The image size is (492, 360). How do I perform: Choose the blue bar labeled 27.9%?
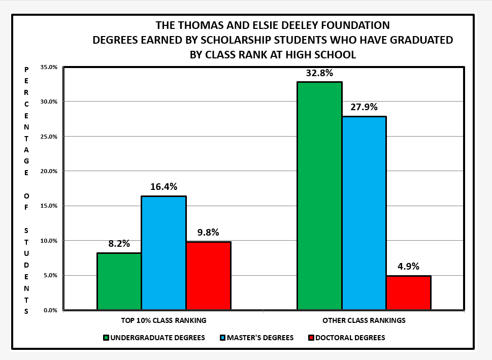coord(364,213)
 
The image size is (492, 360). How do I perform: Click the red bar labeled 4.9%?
coord(408,292)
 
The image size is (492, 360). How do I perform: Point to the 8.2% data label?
coord(119,244)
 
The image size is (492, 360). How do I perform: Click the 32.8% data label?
coord(319,73)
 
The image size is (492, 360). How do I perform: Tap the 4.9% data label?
coord(408,267)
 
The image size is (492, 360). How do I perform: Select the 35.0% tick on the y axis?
coord(50,67)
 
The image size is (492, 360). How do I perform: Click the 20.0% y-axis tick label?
coord(50,171)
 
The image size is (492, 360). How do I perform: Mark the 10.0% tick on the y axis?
coord(50,241)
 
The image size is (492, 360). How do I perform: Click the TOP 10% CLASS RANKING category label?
coord(163,321)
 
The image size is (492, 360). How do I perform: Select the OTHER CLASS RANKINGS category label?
coord(364,321)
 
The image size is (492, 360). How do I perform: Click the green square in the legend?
coord(106,338)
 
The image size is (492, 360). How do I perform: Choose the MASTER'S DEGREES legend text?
coord(260,338)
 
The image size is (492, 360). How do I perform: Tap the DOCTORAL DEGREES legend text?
coord(350,338)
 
